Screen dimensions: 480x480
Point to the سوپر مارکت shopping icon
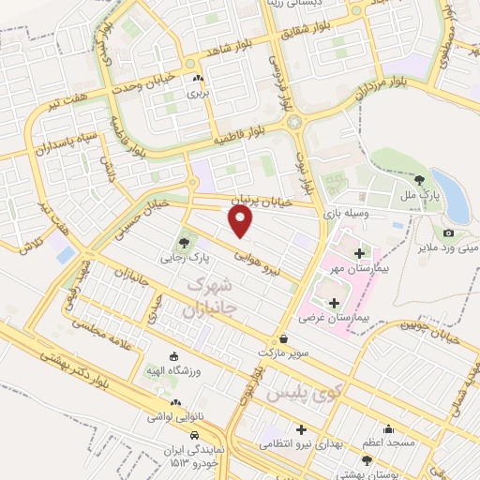[283, 338]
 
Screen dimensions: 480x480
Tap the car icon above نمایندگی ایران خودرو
[193, 436]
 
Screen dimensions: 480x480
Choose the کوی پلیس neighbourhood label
[300, 395]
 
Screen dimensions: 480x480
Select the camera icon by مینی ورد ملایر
[448, 232]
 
